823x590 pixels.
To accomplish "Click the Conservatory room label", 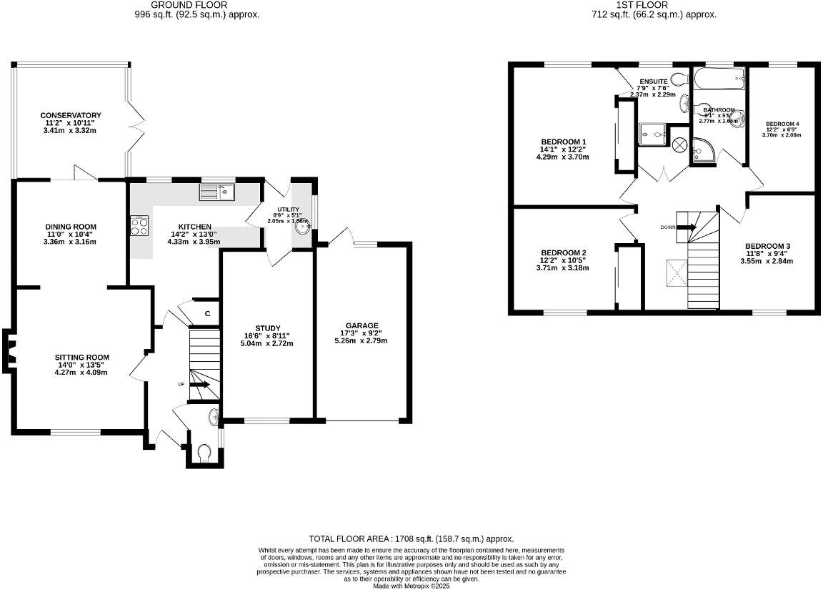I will coord(71,115).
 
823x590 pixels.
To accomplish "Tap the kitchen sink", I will coord(217,191).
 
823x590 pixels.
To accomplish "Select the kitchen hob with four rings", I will coord(140,226).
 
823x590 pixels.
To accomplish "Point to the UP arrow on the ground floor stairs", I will coord(200,385).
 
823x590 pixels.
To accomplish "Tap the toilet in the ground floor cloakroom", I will coord(204,452).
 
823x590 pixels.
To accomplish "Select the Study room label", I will coord(268,328).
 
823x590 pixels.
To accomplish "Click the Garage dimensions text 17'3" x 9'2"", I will coord(361,333).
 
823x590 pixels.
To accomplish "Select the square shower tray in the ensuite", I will coord(652,132).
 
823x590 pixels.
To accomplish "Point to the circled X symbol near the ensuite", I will coord(679,144).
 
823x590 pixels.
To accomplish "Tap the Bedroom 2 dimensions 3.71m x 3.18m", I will coord(563,269).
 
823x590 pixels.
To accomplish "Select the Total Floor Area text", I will coord(411,539).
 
